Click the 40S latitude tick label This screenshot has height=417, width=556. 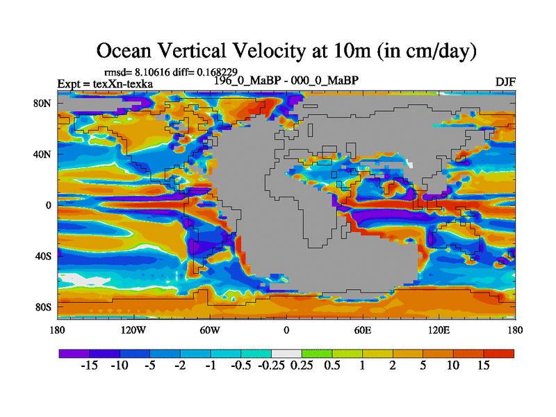pos(43,256)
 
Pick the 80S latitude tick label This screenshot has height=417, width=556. pos(43,307)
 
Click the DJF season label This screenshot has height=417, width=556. pos(505,82)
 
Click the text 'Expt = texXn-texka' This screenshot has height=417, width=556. pos(105,84)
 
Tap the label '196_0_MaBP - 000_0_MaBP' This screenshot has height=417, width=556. pos(286,81)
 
